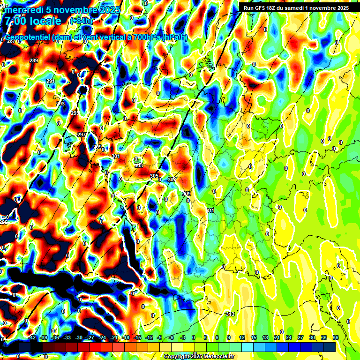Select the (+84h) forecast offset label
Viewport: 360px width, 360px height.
click(x=81, y=21)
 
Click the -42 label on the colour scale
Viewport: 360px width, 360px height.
click(x=31, y=337)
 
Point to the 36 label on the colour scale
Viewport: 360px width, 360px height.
click(x=336, y=337)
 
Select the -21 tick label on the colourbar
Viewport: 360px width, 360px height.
click(x=113, y=337)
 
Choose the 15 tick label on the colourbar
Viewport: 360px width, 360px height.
click(x=254, y=337)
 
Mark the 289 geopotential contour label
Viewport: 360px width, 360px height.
click(x=34, y=60)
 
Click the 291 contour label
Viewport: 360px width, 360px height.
click(x=51, y=81)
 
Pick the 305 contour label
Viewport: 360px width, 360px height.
click(x=154, y=176)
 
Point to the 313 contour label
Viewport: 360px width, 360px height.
click(x=230, y=314)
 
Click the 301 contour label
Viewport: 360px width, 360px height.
click(x=116, y=156)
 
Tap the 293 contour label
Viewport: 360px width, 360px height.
click(x=60, y=104)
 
